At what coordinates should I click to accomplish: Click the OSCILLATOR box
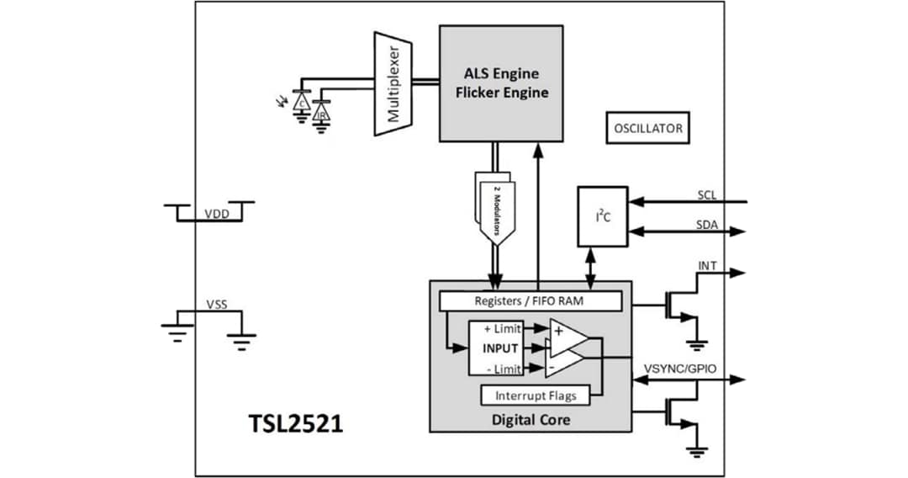click(647, 129)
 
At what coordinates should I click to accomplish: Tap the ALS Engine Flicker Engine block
click(501, 82)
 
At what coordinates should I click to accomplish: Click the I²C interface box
click(602, 216)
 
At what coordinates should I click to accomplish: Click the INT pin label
click(708, 266)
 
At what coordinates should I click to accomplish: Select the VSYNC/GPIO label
click(679, 368)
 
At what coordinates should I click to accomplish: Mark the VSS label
click(216, 304)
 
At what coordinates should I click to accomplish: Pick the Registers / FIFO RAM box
click(531, 300)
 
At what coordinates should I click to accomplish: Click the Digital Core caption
click(531, 418)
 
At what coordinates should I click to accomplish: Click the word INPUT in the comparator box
click(499, 348)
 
